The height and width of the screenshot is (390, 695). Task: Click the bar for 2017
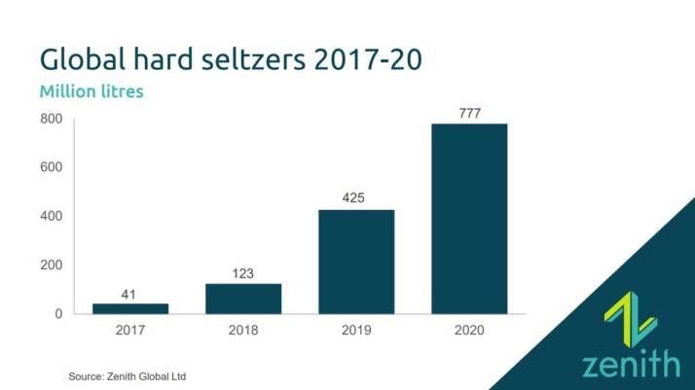(x=130, y=308)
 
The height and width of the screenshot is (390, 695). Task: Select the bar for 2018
(x=243, y=299)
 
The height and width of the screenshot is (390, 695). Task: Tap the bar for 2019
(x=356, y=262)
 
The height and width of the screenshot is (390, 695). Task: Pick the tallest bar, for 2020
(x=469, y=219)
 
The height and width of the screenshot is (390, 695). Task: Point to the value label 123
(x=243, y=273)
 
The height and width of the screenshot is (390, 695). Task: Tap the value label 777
(x=469, y=113)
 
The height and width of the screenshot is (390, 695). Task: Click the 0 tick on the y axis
(x=58, y=314)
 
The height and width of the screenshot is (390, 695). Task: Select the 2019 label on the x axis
(x=356, y=331)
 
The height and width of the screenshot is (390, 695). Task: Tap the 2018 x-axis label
(x=243, y=331)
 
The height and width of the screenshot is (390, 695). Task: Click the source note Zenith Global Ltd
(x=127, y=375)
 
